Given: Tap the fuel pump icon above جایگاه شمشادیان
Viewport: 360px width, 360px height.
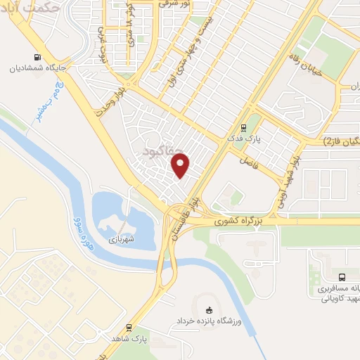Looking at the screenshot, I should coord(36,58).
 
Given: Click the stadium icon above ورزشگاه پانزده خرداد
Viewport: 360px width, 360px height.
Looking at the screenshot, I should coord(207,310).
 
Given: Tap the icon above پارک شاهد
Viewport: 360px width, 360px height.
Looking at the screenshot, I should coord(129,328).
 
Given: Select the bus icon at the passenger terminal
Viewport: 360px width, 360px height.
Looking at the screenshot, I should coord(342,277).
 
